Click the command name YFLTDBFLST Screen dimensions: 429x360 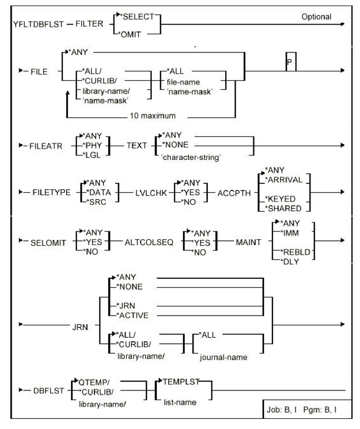pyautogui.click(x=39, y=24)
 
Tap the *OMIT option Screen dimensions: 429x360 pyautogui.click(x=131, y=34)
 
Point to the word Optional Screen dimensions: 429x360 pyautogui.click(x=316, y=17)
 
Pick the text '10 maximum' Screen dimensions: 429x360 pyautogui.click(x=153, y=116)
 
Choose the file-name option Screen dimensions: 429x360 pyautogui.click(x=183, y=82)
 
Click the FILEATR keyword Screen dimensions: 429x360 pyautogui.click(x=46, y=146)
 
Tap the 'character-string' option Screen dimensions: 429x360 pyautogui.click(x=191, y=158)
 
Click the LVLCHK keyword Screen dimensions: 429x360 pyautogui.click(x=151, y=193)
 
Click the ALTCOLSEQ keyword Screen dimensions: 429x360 pyautogui.click(x=149, y=242)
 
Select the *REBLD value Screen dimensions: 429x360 pyautogui.click(x=296, y=252)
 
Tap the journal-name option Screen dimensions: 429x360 pyautogui.click(x=223, y=357)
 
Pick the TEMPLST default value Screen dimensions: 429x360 pyautogui.click(x=181, y=382)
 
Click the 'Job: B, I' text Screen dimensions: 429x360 pyautogui.click(x=281, y=410)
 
